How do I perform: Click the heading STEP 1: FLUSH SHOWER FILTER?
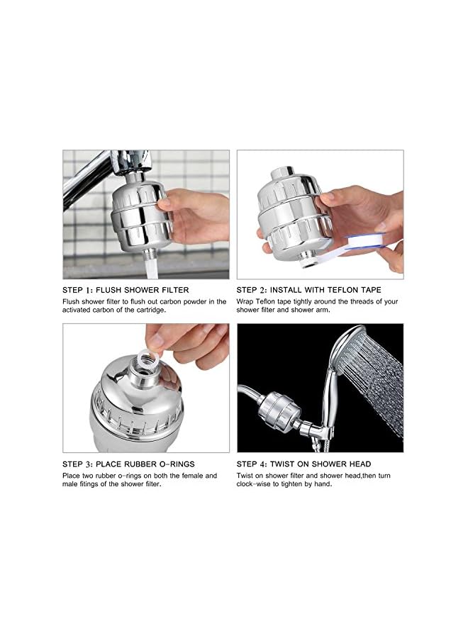click(126, 290)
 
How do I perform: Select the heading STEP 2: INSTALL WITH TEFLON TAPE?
click(308, 290)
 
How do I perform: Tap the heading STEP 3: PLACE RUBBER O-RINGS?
click(128, 464)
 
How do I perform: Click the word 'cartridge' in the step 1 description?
click(147, 310)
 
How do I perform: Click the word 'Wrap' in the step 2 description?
click(245, 301)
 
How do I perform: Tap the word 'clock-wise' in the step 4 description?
click(255, 485)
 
